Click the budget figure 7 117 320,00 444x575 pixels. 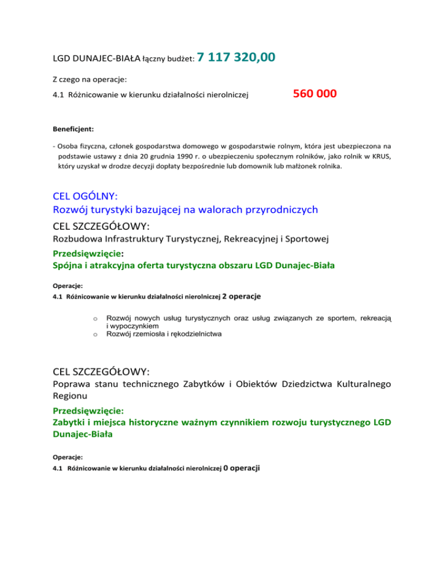pos(236,57)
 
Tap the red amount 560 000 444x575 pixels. pos(314,93)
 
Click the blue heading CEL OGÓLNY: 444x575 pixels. pos(85,196)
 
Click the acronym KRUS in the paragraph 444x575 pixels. pos(382,156)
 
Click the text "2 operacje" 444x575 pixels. pos(242,297)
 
